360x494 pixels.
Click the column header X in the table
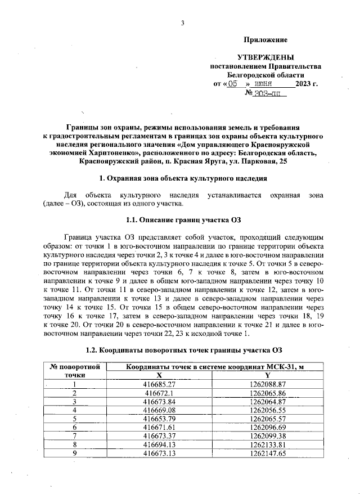(159, 375)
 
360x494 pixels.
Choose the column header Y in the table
(267, 375)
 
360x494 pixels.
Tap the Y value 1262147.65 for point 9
(267, 453)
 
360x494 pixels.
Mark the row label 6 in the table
(74, 428)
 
